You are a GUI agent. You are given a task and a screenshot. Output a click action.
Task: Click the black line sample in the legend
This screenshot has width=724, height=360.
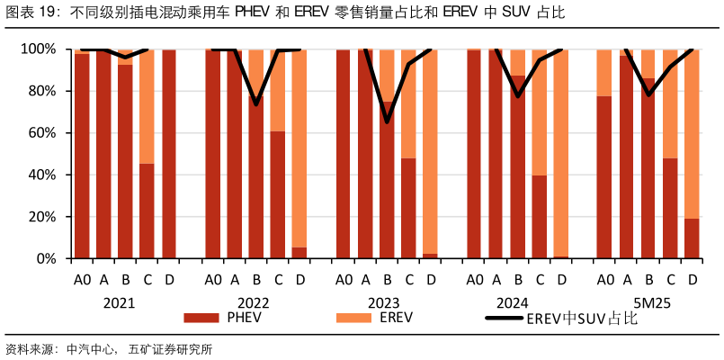click(505, 318)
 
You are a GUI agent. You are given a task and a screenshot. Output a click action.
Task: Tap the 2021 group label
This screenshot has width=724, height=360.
click(119, 302)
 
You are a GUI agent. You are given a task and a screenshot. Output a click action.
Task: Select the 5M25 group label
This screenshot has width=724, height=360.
click(648, 302)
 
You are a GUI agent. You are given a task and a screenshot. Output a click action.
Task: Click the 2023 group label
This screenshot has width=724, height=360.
click(383, 302)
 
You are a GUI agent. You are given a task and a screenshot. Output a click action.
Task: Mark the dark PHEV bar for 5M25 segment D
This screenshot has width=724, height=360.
click(692, 238)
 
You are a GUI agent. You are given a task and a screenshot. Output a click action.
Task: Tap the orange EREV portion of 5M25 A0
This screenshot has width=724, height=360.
click(604, 72)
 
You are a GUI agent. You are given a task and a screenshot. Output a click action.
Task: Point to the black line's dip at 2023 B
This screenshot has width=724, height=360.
click(387, 121)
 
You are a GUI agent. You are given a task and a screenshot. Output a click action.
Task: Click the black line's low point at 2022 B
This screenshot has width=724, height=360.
click(256, 104)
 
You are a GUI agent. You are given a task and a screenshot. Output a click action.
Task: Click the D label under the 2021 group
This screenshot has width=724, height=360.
click(169, 280)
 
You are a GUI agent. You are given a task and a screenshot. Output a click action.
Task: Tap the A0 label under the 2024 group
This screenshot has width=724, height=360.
click(474, 280)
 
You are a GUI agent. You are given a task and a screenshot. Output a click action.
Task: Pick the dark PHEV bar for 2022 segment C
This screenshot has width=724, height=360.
click(278, 194)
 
